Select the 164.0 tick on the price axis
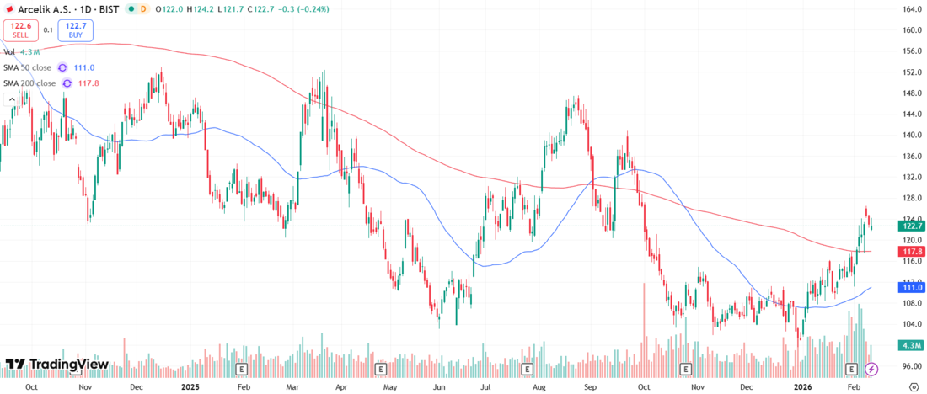click(x=910, y=9)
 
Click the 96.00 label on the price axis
click(x=910, y=366)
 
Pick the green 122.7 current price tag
click(x=910, y=226)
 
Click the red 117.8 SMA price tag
click(x=910, y=252)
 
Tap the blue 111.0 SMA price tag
click(x=910, y=287)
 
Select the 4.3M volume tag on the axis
click(x=910, y=345)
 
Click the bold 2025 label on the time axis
click(x=190, y=386)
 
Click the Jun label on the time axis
click(x=439, y=386)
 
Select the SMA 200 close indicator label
click(x=29, y=83)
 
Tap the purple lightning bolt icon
click(x=872, y=369)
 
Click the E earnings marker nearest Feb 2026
click(x=852, y=369)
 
